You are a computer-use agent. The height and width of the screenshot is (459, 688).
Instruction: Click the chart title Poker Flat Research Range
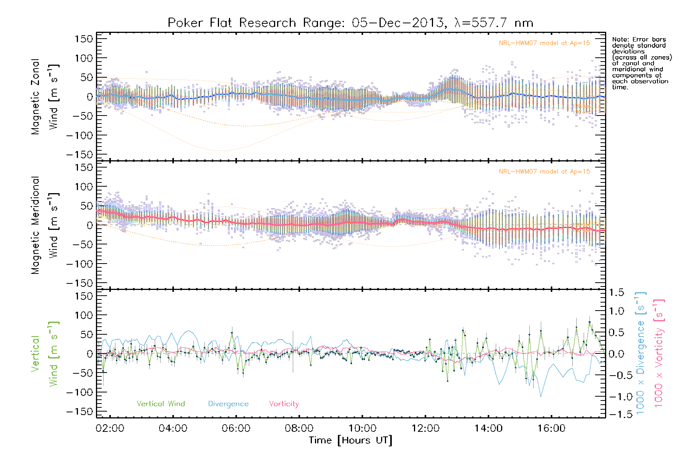coord(350,23)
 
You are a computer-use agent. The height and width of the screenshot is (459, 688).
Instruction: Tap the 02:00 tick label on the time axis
coord(110,428)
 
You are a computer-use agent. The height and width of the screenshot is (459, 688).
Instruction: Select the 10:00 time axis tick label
coord(362,428)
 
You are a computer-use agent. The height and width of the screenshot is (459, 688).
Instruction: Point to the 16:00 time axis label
coord(551,428)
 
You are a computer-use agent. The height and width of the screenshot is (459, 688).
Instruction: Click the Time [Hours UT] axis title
coord(350,441)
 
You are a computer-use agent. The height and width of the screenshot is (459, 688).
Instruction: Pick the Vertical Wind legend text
coord(161,404)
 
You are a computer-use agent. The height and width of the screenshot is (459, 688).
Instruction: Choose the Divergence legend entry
coord(228,404)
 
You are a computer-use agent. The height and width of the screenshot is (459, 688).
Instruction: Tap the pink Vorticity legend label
coord(284,404)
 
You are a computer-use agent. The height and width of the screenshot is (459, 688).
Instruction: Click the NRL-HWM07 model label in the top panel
coord(544,43)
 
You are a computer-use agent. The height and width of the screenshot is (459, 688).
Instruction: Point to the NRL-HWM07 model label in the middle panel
coord(544,172)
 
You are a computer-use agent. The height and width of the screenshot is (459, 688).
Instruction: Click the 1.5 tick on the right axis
coord(616,293)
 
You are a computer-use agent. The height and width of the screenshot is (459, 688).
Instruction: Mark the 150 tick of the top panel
coord(84,39)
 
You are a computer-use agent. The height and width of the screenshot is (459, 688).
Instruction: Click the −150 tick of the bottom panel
coord(80,412)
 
